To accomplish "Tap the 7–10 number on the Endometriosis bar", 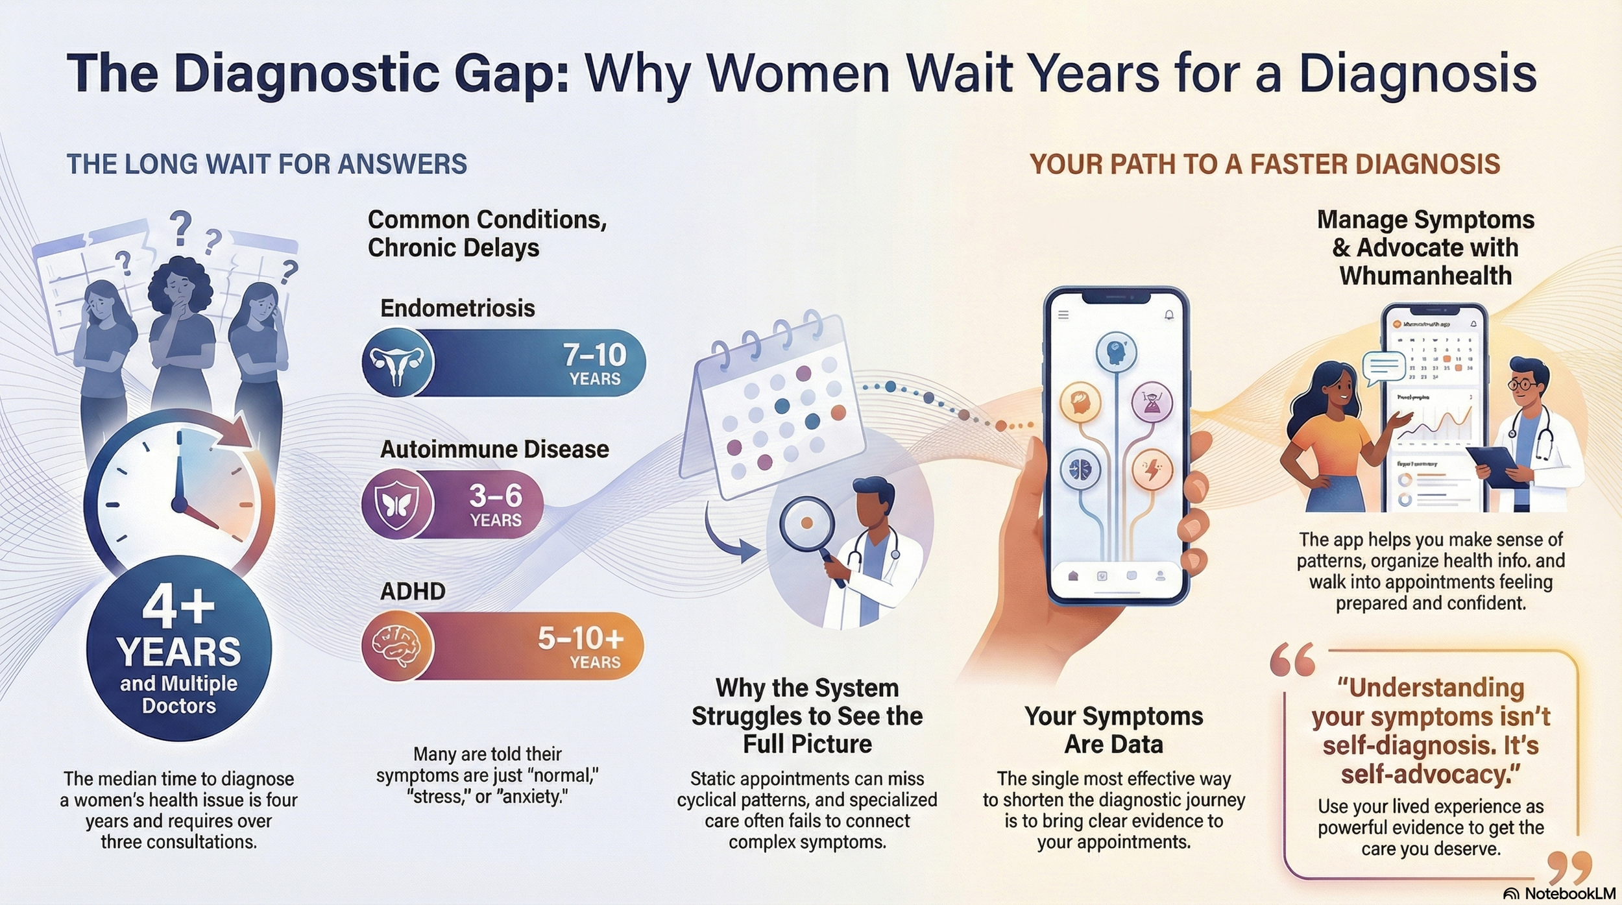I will coord(594,355).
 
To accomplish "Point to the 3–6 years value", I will coord(496,496).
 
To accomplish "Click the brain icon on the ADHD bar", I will coord(396,646).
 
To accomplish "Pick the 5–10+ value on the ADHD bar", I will coord(581,639).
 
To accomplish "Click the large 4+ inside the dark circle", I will coord(178,607).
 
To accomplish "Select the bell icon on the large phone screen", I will coord(1169,315).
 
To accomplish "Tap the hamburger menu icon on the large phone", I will coord(1063,315).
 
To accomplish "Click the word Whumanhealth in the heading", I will coord(1425,276).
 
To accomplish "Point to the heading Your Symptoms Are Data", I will coord(1113,730).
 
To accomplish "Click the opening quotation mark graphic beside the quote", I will coord(1292,660).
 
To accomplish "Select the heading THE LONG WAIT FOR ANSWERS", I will coord(267,164).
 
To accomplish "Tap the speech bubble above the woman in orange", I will coord(1384,367).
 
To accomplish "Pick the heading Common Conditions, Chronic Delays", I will coord(487,234).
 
